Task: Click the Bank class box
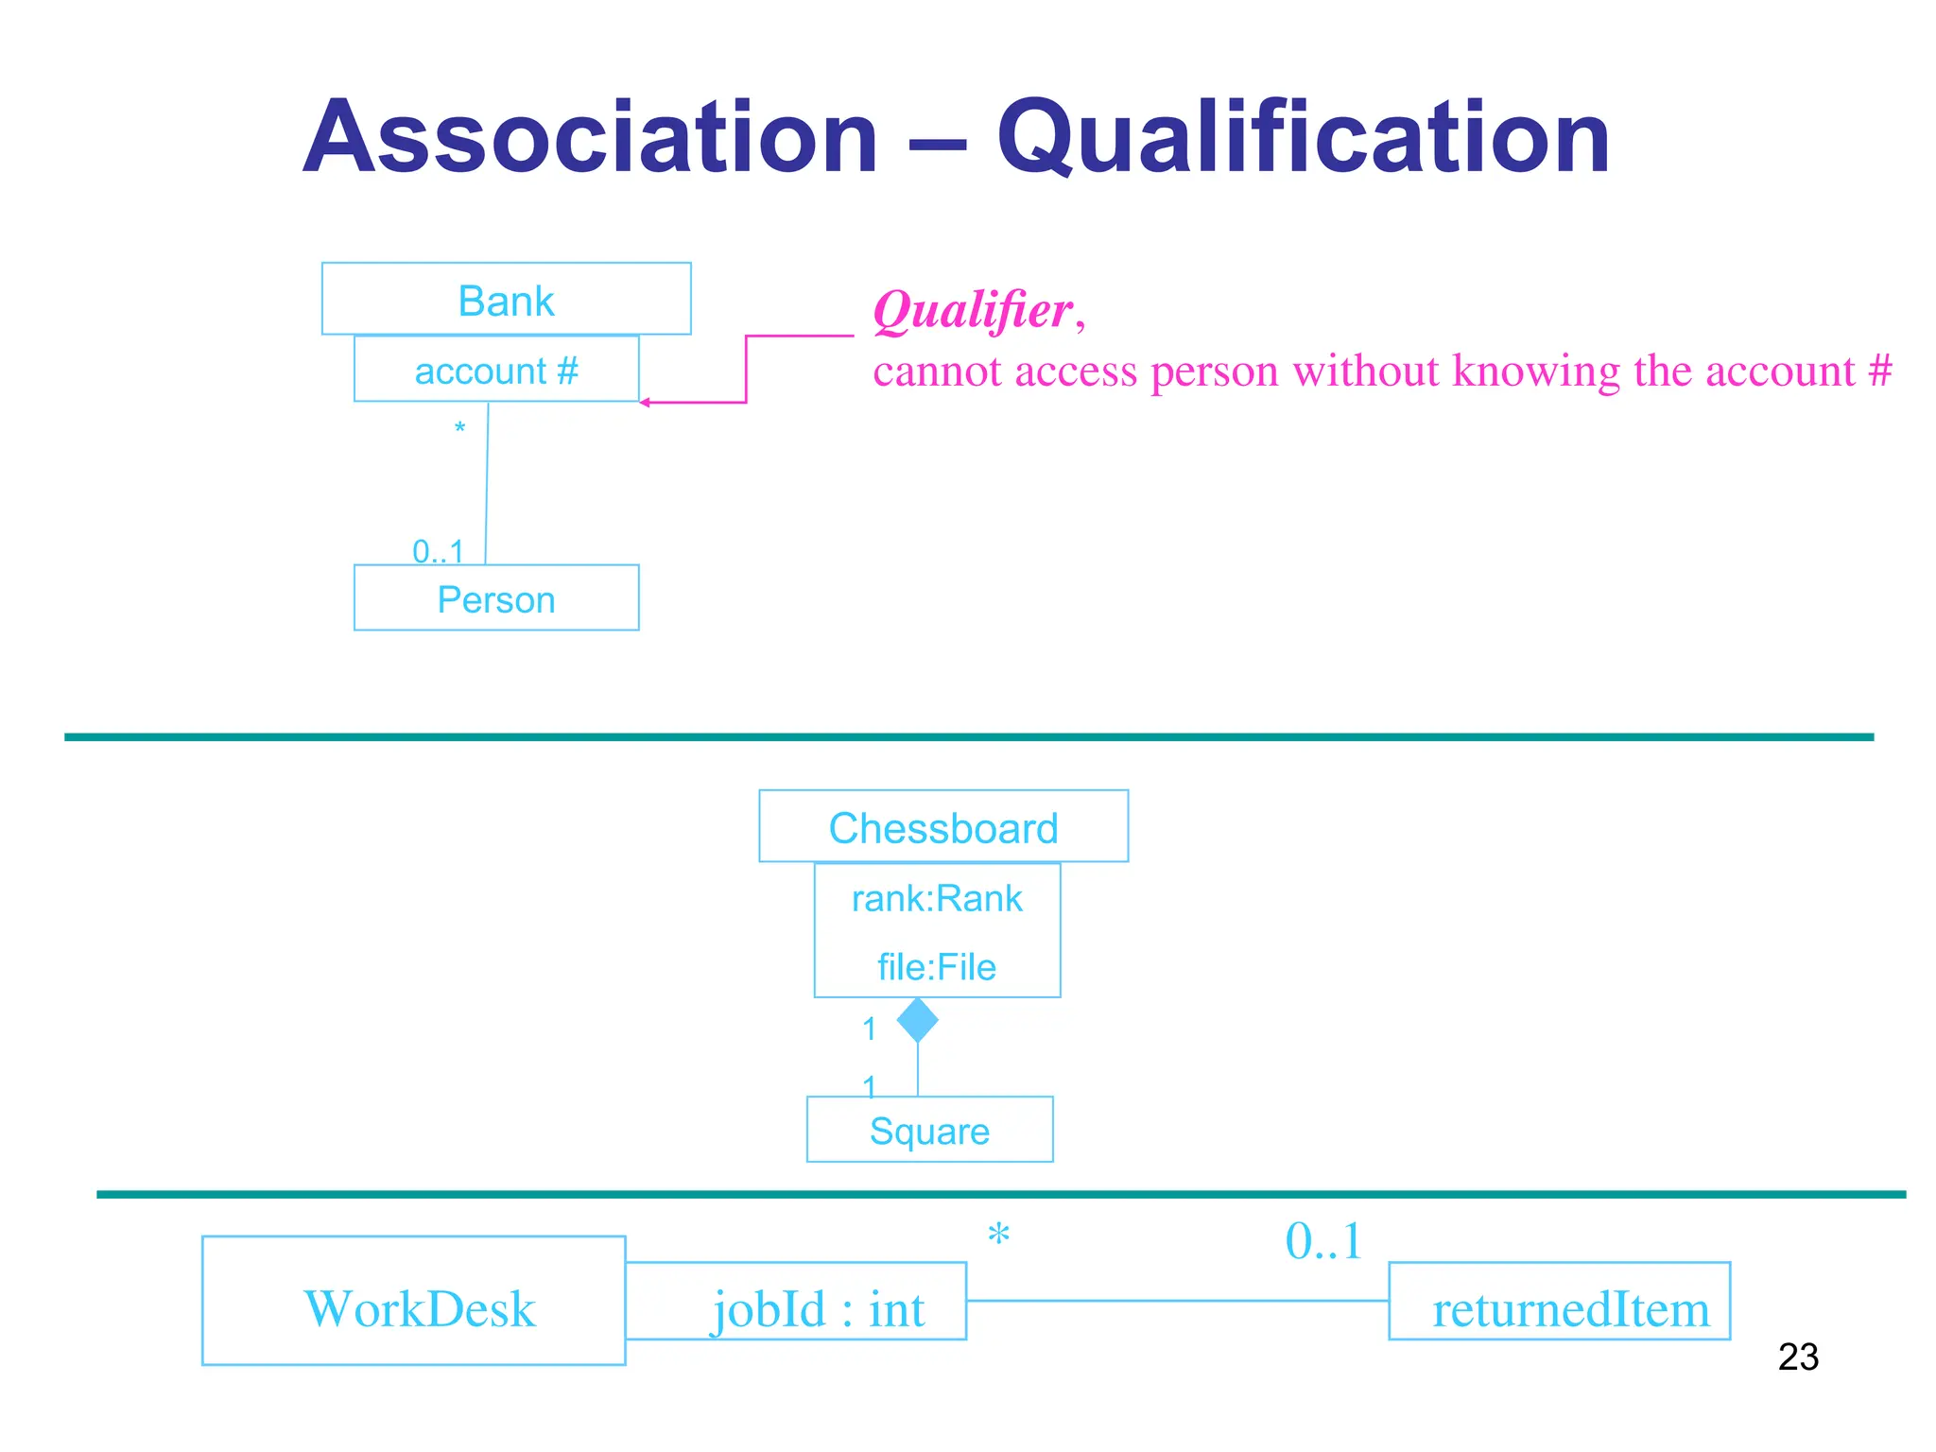(x=506, y=300)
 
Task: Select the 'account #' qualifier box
(x=496, y=370)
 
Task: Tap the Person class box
(x=496, y=598)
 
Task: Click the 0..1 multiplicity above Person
(x=438, y=551)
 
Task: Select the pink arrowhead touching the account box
(x=645, y=403)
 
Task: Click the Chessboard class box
(x=942, y=827)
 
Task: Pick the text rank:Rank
(x=936, y=898)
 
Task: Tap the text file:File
(x=936, y=967)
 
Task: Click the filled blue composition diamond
(x=917, y=1021)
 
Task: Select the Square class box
(x=929, y=1130)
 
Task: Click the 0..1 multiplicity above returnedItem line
(x=1322, y=1241)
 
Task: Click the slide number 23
(x=1797, y=1357)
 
